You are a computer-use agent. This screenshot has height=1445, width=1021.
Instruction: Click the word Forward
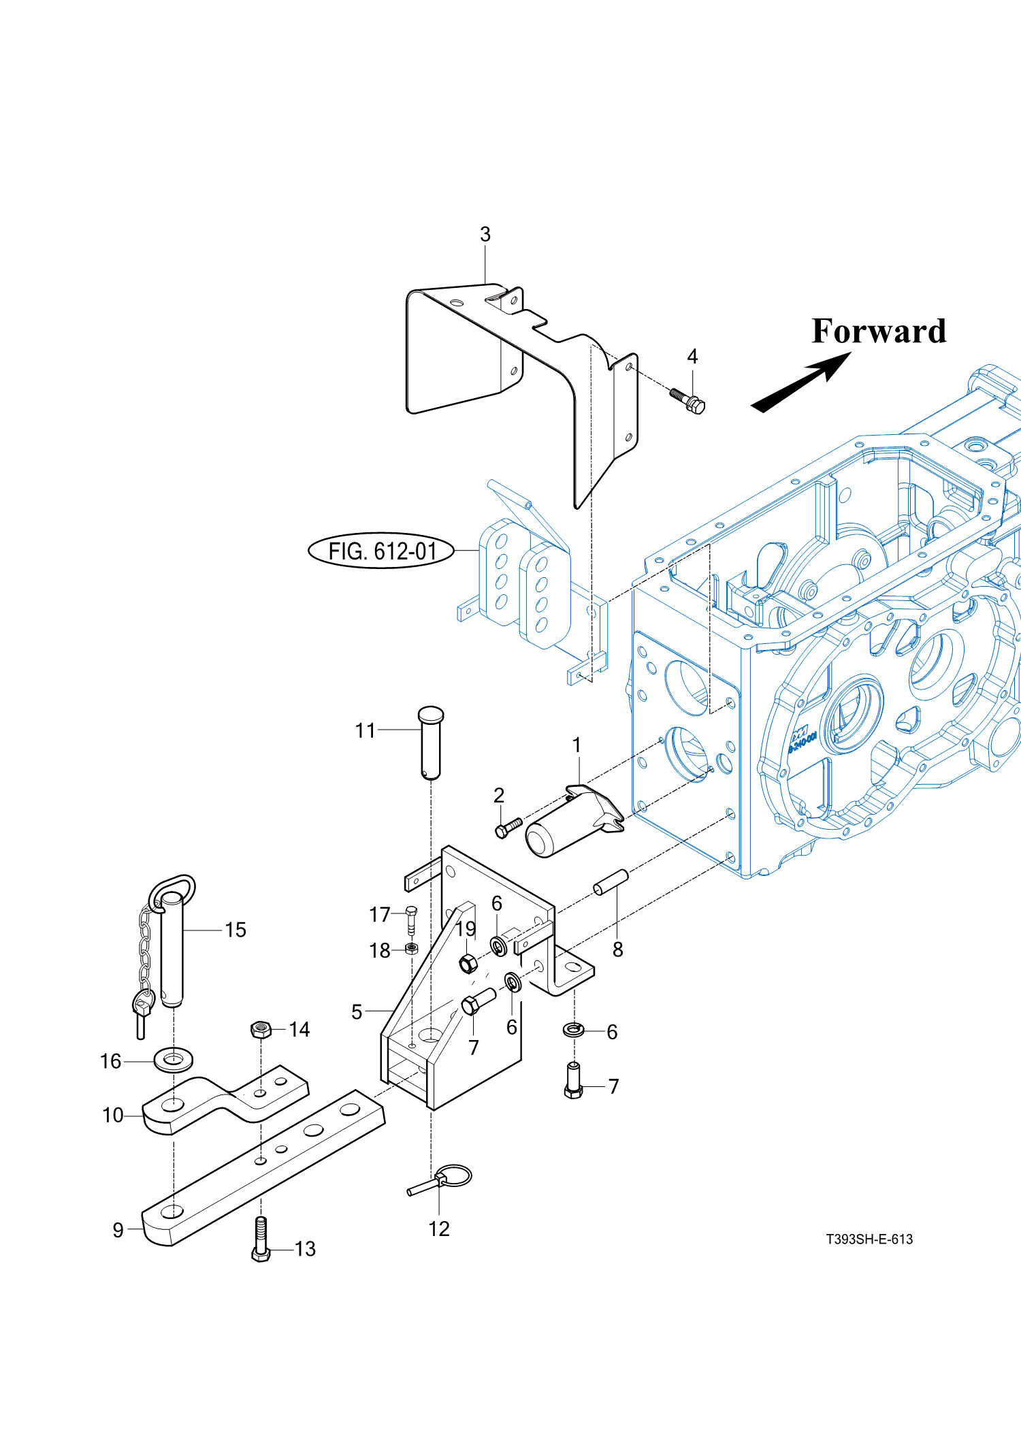878,331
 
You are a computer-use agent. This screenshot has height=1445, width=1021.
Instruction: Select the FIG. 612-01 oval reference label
381,551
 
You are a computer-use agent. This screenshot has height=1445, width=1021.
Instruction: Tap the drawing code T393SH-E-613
869,1239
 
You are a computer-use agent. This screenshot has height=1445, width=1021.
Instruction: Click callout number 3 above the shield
485,235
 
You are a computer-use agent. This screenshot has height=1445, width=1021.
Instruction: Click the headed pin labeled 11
430,741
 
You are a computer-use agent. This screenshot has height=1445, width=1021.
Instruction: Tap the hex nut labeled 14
261,1029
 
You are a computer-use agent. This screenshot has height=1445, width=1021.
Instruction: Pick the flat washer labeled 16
174,1060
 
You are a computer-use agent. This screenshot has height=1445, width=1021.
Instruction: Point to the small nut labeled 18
411,948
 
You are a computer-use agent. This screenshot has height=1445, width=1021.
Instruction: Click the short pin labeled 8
611,882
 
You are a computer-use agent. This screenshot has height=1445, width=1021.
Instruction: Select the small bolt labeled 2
508,828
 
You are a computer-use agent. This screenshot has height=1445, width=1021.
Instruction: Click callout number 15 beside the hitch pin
236,930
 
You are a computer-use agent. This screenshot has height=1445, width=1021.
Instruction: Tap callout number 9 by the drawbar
118,1230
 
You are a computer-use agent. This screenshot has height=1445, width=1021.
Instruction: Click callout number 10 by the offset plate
112,1116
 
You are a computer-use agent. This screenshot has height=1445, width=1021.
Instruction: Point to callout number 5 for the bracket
356,1012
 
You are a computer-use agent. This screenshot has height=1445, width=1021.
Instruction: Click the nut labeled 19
468,964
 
